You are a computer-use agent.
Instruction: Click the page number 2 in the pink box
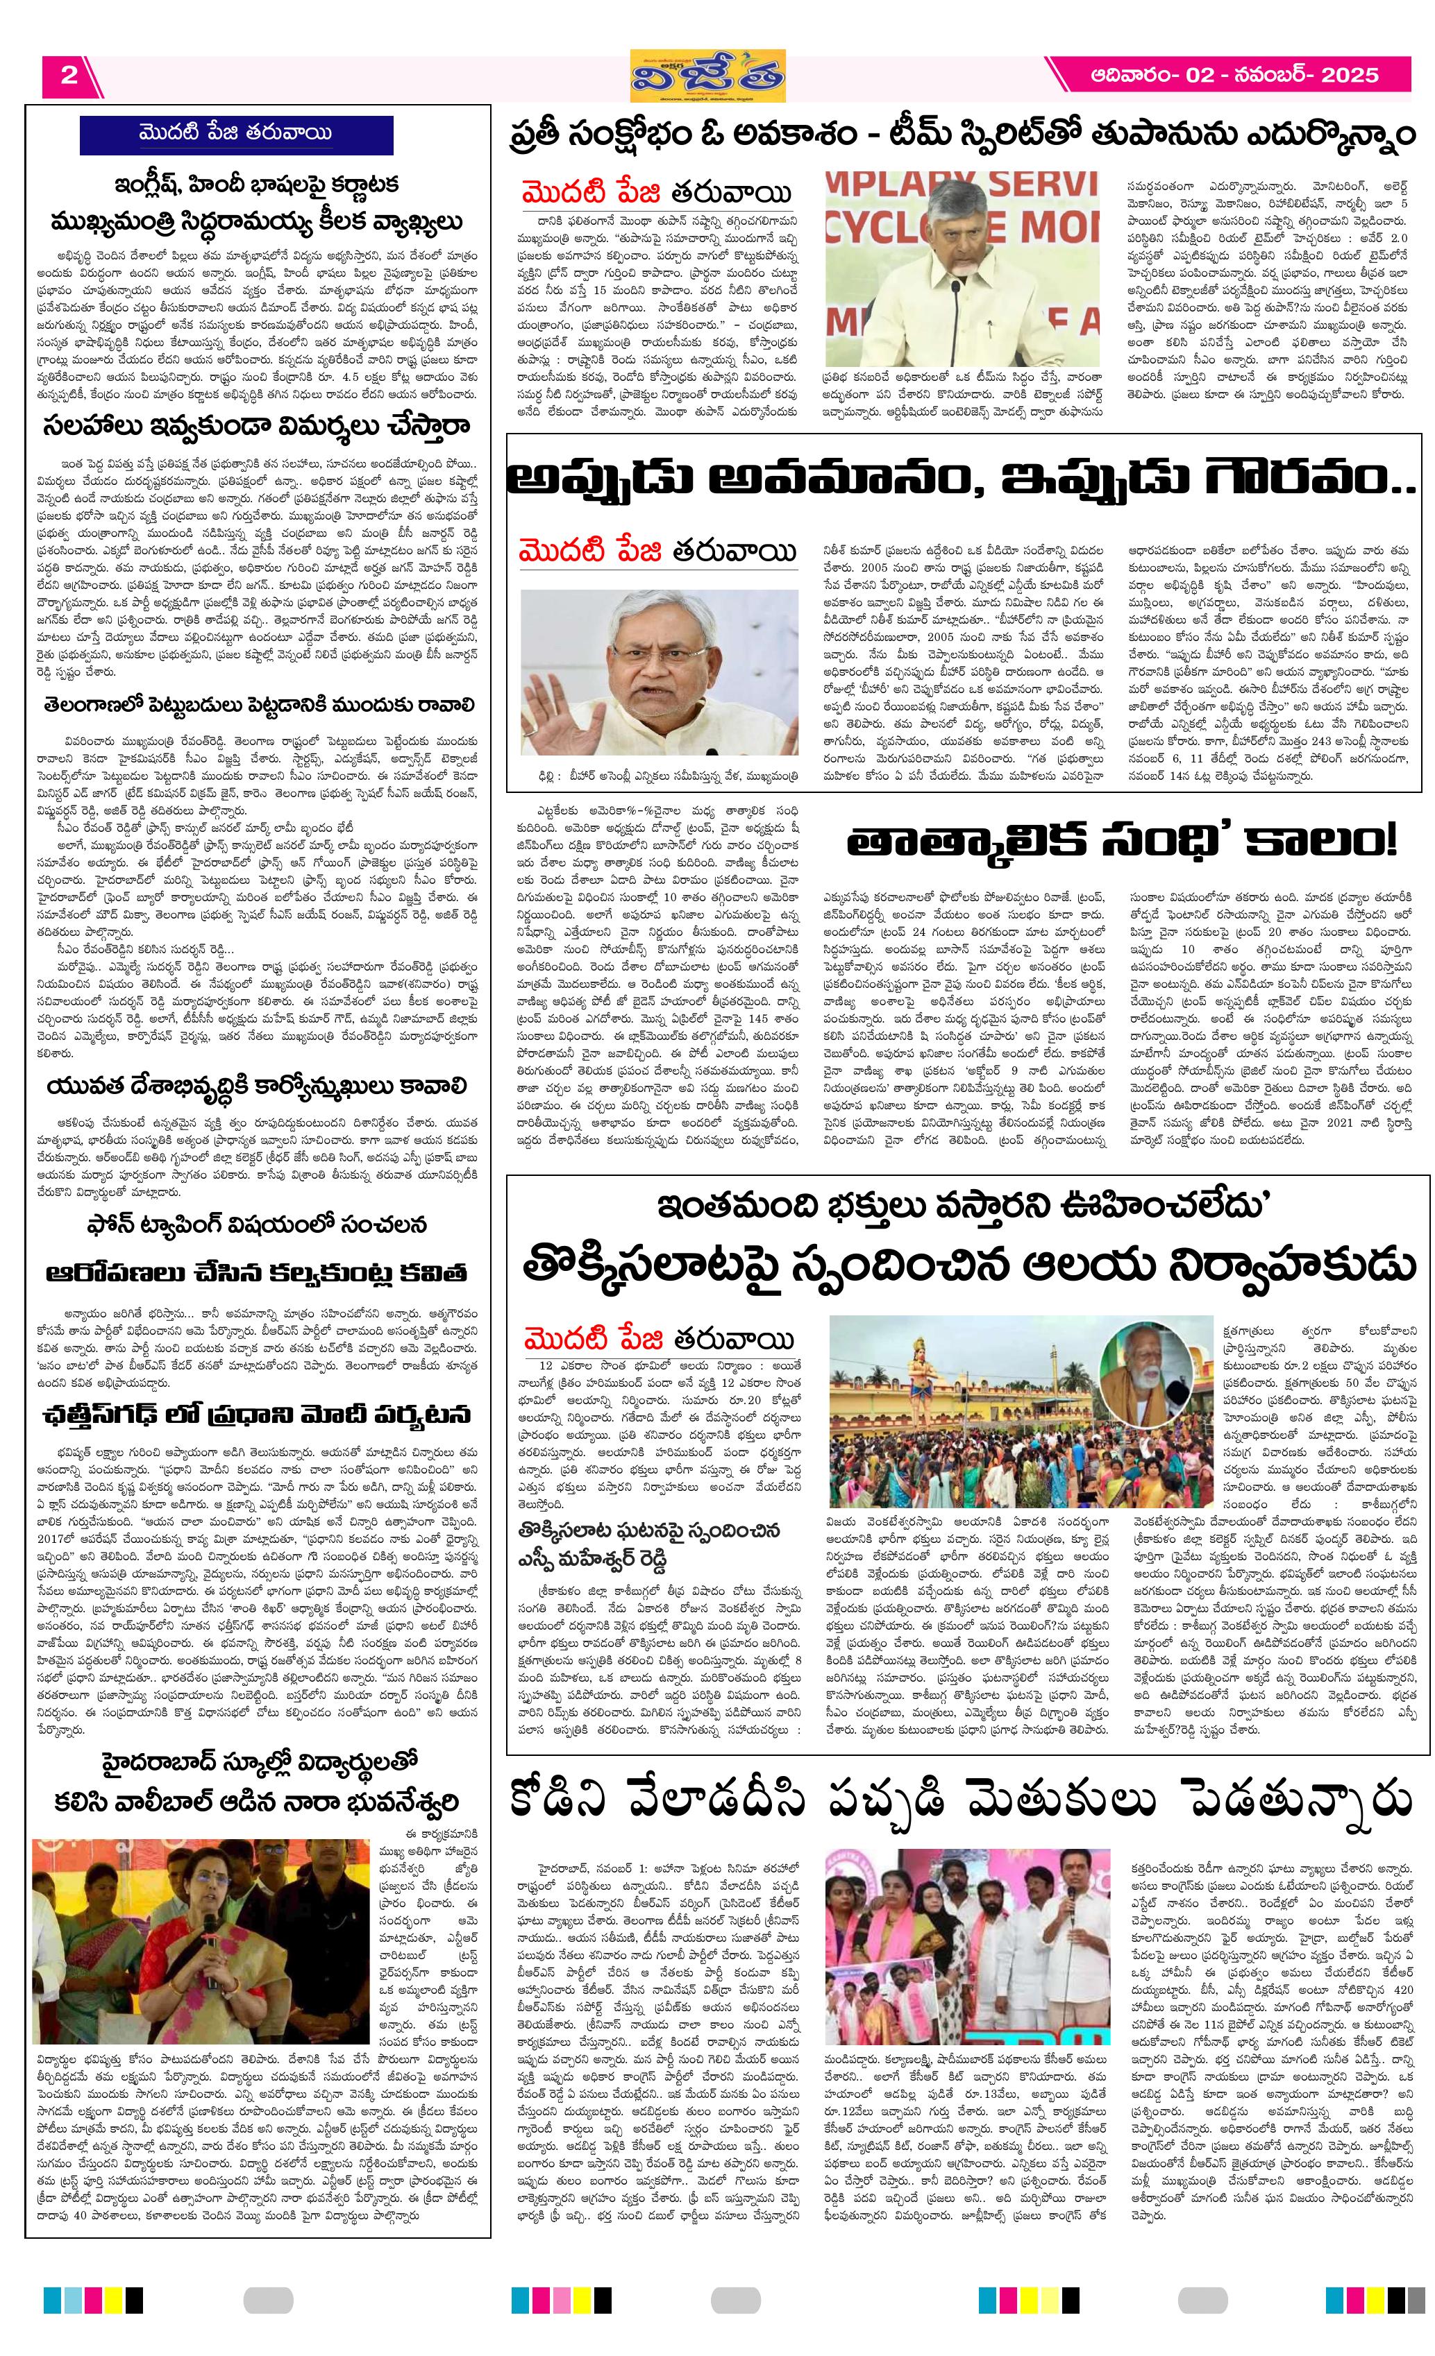click(x=68, y=76)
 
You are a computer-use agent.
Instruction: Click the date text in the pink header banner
click(x=1235, y=76)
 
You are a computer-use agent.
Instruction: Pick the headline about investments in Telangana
click(x=258, y=705)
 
